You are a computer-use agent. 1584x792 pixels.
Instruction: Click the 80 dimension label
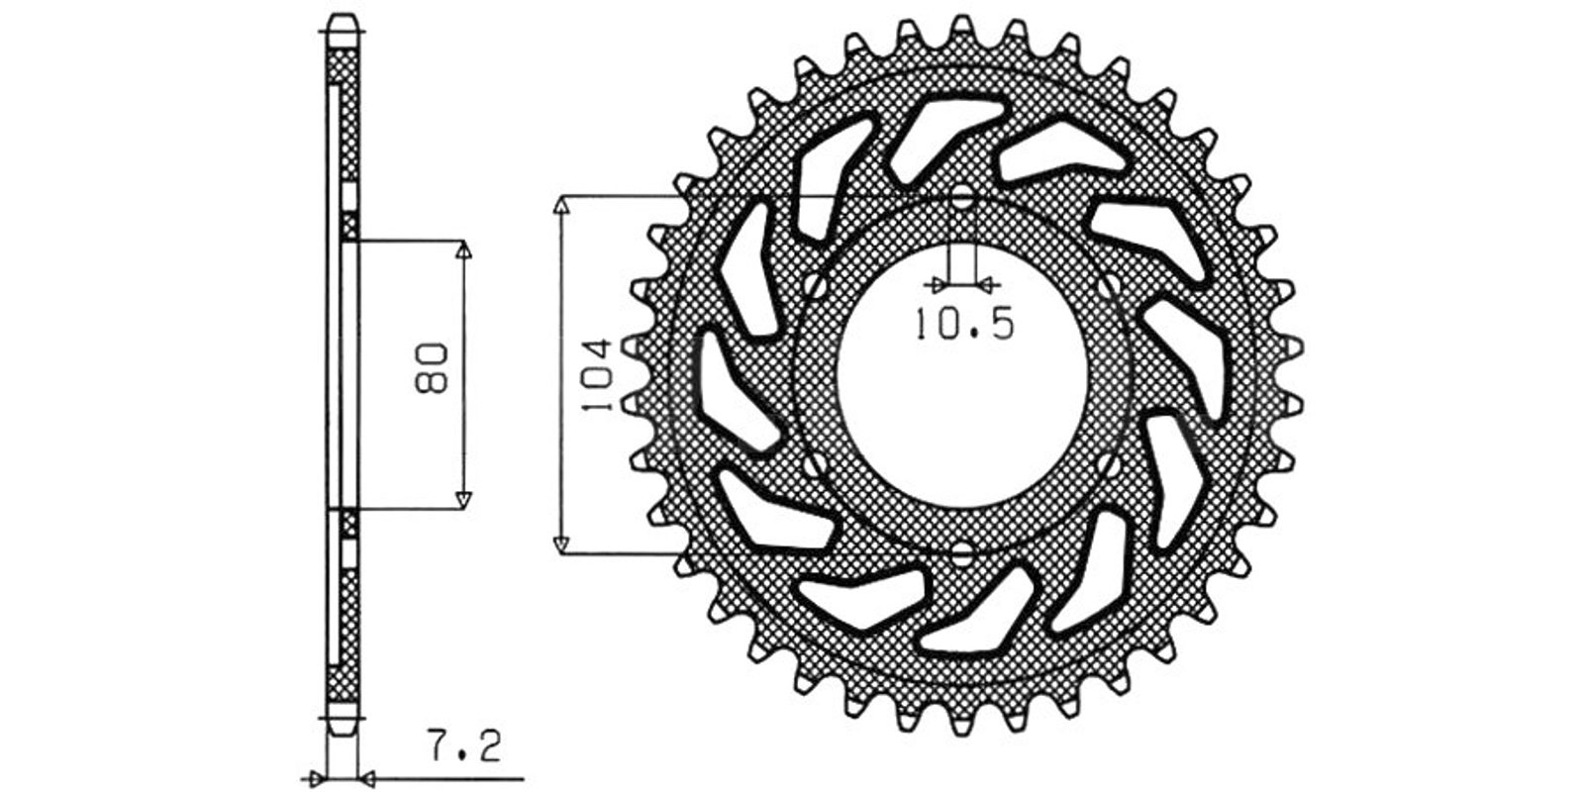432,368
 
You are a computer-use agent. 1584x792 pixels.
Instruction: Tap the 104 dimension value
595,375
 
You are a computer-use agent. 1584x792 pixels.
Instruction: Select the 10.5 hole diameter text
965,324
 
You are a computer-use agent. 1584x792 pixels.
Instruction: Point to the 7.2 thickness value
464,746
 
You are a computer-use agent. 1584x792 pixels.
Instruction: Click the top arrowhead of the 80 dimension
463,249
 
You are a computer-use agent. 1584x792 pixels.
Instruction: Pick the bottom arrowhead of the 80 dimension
463,500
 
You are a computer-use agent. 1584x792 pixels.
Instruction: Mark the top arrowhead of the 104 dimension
560,204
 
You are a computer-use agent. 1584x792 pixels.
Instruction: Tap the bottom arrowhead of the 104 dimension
560,544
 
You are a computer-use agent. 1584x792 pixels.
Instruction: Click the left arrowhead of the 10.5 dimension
940,285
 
